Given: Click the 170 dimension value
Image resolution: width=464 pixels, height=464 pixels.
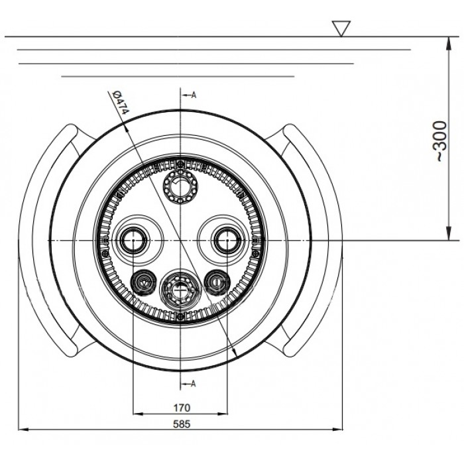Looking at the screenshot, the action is (x=182, y=408).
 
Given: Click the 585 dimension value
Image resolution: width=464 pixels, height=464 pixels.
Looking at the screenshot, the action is (x=182, y=424).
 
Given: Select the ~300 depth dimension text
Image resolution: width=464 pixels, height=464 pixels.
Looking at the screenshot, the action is (x=441, y=141).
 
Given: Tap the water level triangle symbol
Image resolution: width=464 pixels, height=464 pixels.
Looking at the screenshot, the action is (x=341, y=29).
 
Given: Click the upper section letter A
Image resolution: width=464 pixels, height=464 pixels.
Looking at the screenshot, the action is (x=194, y=95).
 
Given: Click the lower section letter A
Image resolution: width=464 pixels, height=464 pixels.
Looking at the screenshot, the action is (x=194, y=384).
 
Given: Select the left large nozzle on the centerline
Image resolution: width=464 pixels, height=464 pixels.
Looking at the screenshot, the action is (x=133, y=240).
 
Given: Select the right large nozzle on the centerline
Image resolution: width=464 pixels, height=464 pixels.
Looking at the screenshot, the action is (x=227, y=240).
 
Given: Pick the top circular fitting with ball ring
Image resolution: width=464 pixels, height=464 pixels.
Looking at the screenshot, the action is (x=180, y=187).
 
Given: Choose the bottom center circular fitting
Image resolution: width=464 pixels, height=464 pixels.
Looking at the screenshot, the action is (x=180, y=289).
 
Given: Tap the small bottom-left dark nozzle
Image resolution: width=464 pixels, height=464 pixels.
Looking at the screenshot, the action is (x=144, y=282).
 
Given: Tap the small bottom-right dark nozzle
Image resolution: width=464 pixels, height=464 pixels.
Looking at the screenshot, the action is (x=217, y=282).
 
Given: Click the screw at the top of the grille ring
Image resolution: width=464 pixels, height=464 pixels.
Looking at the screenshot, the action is (x=180, y=163).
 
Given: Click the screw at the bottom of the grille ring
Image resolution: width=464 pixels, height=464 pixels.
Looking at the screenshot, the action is (x=180, y=318).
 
